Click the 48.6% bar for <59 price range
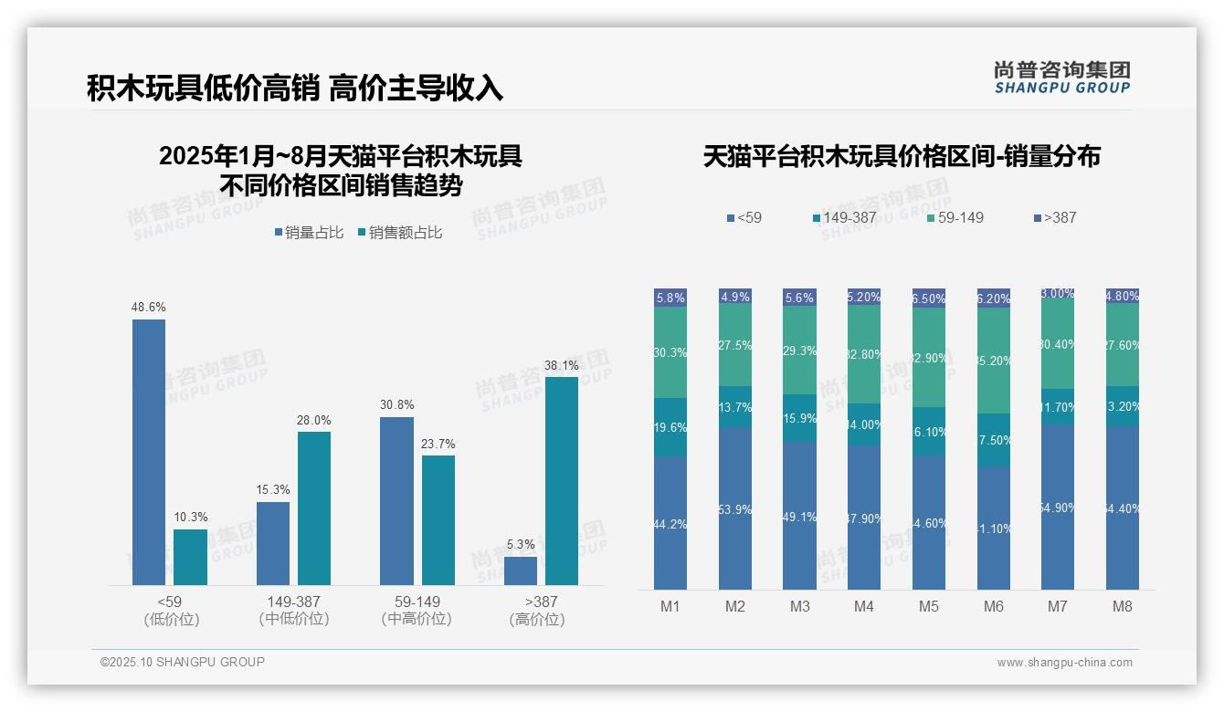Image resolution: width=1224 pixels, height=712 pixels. (x=149, y=452)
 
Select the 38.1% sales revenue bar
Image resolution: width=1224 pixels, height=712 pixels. (x=562, y=481)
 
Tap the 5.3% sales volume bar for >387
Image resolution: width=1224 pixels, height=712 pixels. (x=521, y=571)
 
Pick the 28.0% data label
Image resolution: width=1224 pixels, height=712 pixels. (x=314, y=421)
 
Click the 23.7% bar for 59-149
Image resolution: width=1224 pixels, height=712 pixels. (x=438, y=520)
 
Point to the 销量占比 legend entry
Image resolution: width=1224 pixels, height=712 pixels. (x=309, y=233)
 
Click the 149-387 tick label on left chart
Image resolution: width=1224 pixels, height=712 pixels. (x=293, y=602)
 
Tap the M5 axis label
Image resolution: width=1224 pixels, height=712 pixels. (x=929, y=607)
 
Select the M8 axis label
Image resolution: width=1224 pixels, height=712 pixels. (x=1123, y=607)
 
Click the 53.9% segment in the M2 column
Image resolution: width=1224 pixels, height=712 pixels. (x=735, y=508)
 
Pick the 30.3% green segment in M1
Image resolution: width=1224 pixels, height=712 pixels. (x=670, y=352)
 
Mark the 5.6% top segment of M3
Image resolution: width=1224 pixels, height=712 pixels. (x=799, y=298)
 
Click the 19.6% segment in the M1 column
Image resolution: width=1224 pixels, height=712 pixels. (x=670, y=427)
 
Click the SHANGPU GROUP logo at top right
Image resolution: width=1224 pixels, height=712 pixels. (x=1062, y=78)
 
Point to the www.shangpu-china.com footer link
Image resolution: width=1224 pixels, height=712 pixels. (x=1064, y=663)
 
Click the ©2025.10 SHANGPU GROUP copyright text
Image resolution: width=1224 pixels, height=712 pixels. (x=183, y=662)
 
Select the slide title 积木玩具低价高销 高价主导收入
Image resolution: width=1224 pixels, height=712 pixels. (x=295, y=89)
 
